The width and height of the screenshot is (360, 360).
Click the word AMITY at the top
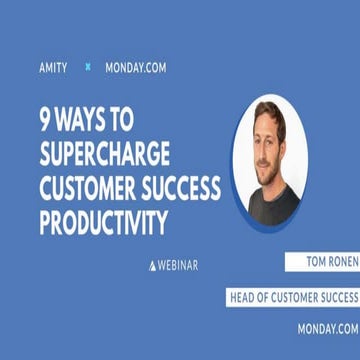pos(52,68)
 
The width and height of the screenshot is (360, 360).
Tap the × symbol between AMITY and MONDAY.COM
pos(88,67)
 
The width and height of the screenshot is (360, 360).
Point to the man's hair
pos(268,112)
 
